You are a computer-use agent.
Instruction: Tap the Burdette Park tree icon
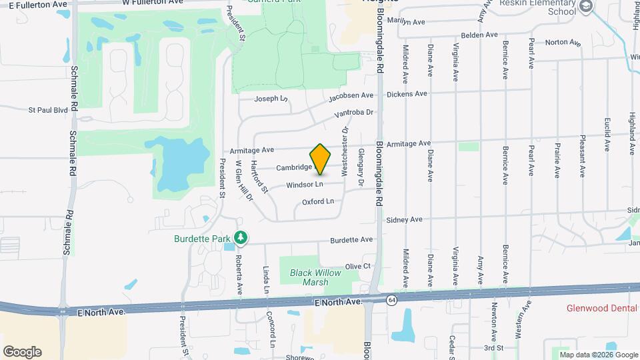[x=241, y=237]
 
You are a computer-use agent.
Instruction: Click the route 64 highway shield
[x=391, y=301]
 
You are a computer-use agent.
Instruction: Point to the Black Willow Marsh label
[x=309, y=277]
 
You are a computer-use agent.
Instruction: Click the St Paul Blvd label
[x=48, y=109]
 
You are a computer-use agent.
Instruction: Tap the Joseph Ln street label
[x=271, y=99]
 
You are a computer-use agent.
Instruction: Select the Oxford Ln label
[x=317, y=201]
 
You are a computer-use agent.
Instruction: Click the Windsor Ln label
[x=305, y=185]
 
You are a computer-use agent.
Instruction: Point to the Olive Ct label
[x=357, y=267]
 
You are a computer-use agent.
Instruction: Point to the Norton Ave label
[x=563, y=43]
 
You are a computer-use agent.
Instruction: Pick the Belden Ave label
[x=480, y=35]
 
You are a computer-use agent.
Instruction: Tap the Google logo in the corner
[x=22, y=352]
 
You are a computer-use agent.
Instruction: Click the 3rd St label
[x=493, y=347]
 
